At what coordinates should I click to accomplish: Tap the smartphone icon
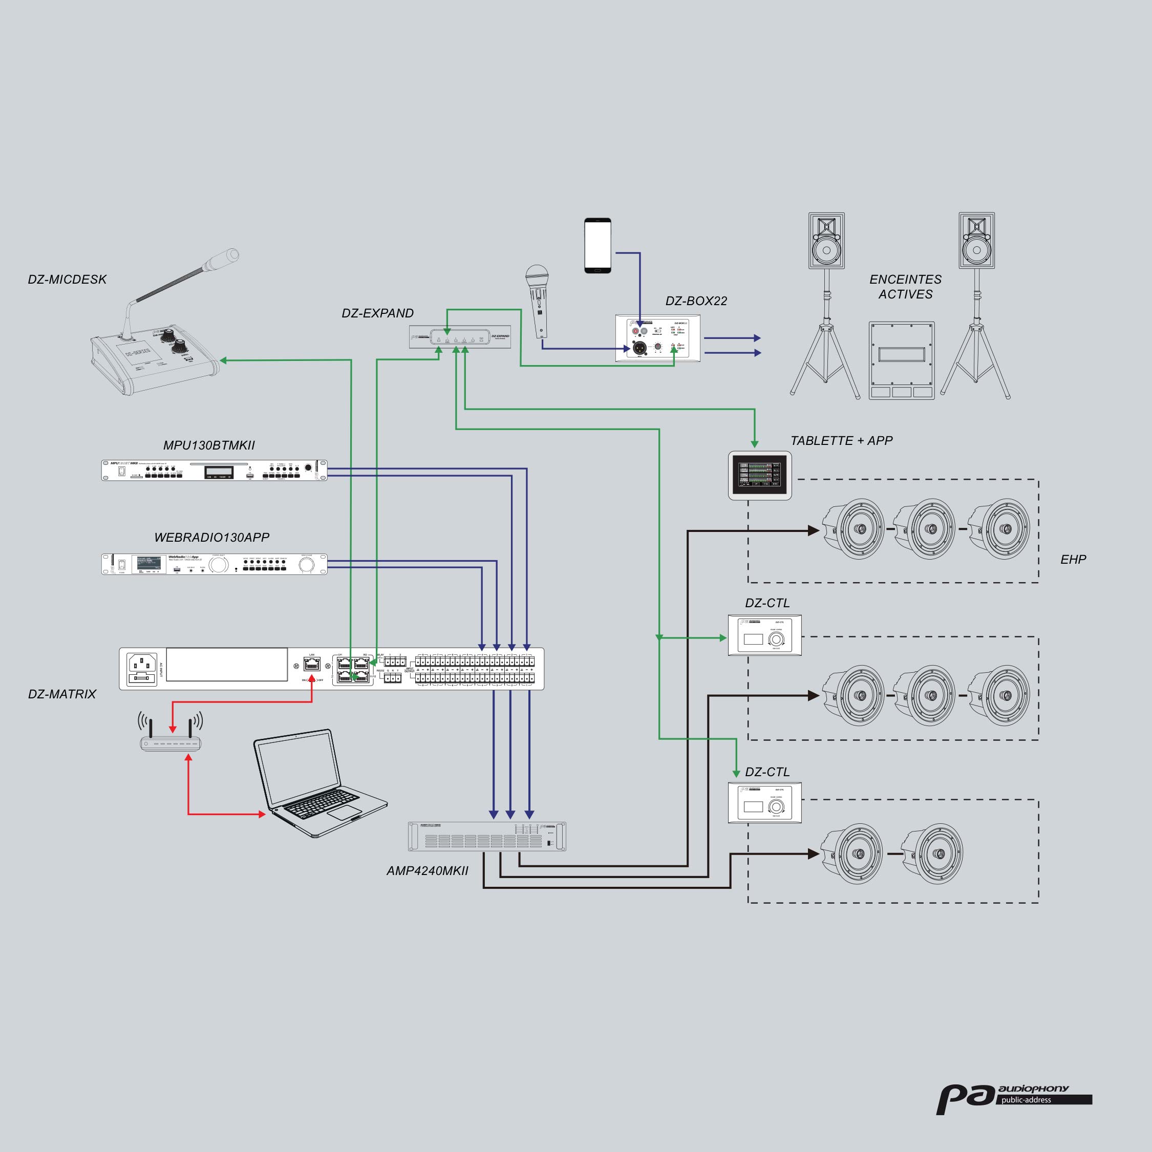(598, 246)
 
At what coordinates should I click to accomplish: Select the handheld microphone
(539, 301)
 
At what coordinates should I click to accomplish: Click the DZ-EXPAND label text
(377, 313)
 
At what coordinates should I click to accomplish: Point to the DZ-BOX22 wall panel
(658, 338)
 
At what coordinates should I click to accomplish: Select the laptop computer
(313, 783)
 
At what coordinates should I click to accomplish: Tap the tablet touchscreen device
(760, 475)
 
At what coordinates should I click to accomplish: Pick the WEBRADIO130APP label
(211, 537)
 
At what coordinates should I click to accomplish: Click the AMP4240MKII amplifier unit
(486, 836)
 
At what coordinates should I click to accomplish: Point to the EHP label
(1073, 559)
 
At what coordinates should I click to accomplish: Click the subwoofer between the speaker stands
(901, 360)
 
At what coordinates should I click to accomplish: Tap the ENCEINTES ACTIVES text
(905, 287)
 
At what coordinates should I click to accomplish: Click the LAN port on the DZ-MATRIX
(312, 663)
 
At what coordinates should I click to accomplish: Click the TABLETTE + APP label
(841, 441)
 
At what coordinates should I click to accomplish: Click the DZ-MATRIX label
(62, 694)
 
